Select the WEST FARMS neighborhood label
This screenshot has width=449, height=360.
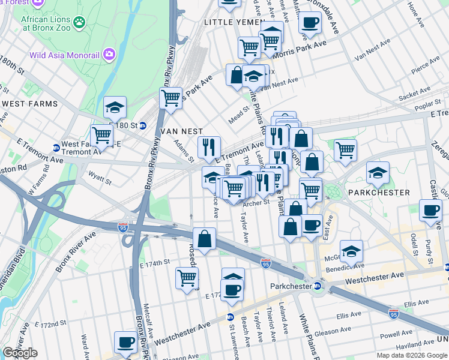29,104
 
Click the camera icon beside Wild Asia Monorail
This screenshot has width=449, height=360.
109,55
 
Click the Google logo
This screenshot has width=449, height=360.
20,353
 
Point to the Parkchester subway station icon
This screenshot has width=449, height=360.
318,286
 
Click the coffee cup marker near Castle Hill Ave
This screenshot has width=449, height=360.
430,211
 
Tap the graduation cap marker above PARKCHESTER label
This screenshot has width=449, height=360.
378,173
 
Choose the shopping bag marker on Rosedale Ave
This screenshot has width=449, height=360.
205,238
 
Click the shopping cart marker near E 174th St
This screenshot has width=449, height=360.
187,278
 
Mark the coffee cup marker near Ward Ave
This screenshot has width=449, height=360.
125,342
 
